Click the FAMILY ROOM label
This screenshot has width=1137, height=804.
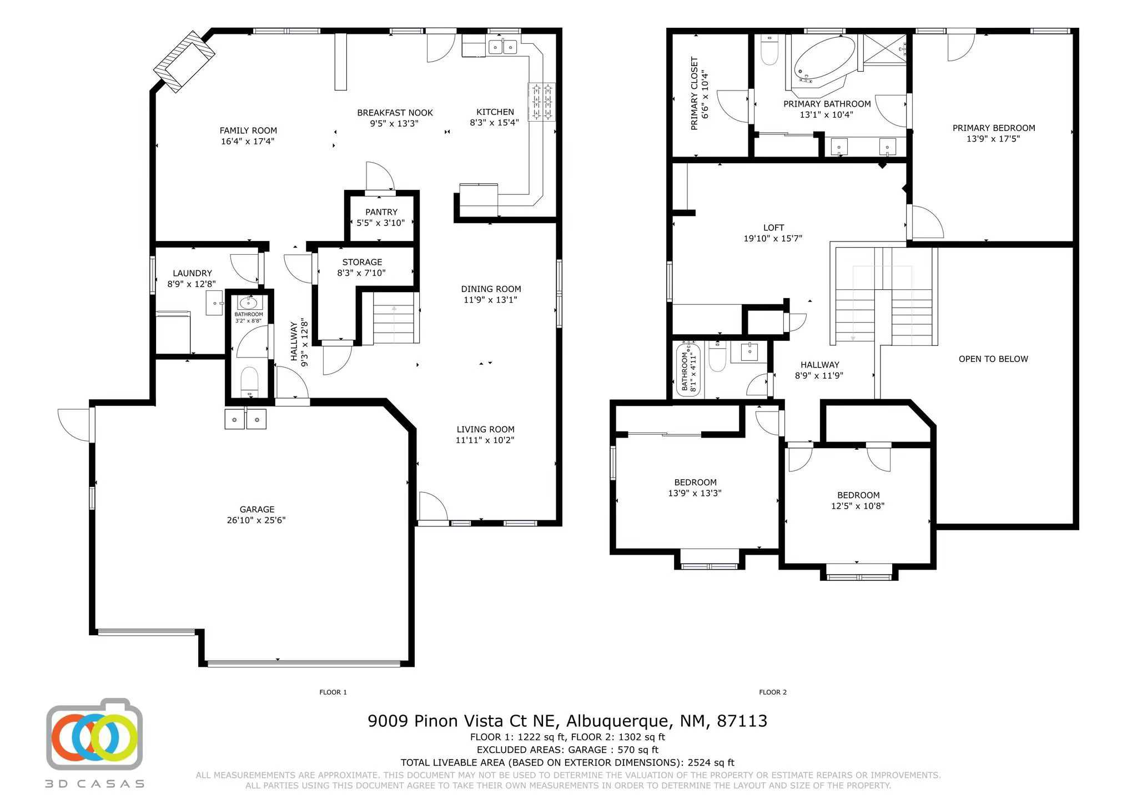tap(248, 130)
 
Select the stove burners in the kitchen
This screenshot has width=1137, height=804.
tap(541, 100)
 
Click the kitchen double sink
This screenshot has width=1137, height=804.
tap(502, 47)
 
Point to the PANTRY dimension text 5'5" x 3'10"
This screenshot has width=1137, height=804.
tap(381, 223)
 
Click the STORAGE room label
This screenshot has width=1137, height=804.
tap(362, 262)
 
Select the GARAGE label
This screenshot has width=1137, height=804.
tap(257, 509)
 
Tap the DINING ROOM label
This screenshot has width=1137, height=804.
tap(491, 289)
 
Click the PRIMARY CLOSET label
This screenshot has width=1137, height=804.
tap(694, 93)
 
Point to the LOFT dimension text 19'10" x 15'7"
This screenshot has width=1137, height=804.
tap(773, 239)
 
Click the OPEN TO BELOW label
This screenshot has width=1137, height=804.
tap(993, 359)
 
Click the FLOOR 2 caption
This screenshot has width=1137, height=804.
tap(773, 692)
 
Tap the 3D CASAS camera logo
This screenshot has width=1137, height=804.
tap(94, 736)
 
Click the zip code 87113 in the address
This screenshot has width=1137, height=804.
tap(742, 721)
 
